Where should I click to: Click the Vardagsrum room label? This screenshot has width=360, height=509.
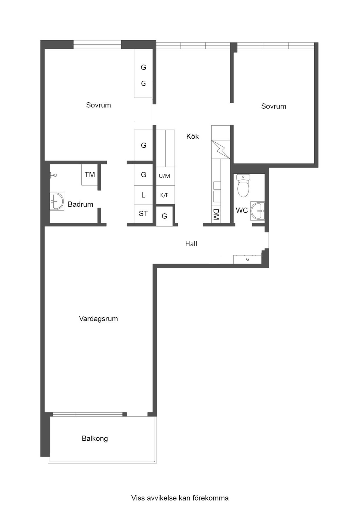pyautogui.click(x=98, y=319)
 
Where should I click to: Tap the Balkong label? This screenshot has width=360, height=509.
pyautogui.click(x=95, y=438)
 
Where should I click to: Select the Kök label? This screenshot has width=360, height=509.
pyautogui.click(x=192, y=136)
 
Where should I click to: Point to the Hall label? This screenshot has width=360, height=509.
pyautogui.click(x=191, y=244)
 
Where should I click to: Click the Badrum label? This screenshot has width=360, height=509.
pyautogui.click(x=80, y=204)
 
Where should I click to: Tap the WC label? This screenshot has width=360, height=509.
pyautogui.click(x=242, y=210)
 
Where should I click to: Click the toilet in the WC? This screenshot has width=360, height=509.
pyautogui.click(x=243, y=186)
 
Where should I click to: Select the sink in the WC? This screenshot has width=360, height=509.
pyautogui.click(x=257, y=211)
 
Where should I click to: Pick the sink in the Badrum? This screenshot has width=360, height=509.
pyautogui.click(x=57, y=201)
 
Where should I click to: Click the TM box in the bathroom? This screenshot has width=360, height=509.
pyautogui.click(x=90, y=175)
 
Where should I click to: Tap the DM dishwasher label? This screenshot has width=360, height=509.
pyautogui.click(x=216, y=214)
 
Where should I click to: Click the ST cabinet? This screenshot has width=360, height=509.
pyautogui.click(x=143, y=213)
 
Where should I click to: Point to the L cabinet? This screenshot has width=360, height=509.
pyautogui.click(x=143, y=195)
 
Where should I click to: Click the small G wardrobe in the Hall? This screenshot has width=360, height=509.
pyautogui.click(x=247, y=259)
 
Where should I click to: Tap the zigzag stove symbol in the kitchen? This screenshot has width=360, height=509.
pyautogui.click(x=221, y=149)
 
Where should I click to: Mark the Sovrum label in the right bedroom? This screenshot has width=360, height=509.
pyautogui.click(x=274, y=106)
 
